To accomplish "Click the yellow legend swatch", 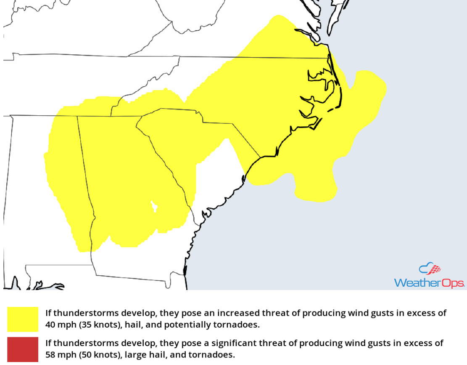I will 23,319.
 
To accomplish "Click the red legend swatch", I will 23,349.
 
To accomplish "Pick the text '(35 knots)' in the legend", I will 98,325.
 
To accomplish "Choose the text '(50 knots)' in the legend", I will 98,355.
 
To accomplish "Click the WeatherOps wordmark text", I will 429,282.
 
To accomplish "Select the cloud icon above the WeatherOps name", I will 429,269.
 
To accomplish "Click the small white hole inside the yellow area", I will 154,207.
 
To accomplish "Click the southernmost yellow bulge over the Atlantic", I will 315,192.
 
